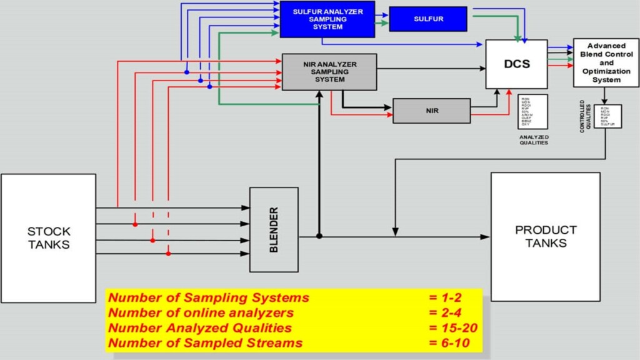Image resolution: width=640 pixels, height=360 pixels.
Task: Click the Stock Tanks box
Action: (48, 238)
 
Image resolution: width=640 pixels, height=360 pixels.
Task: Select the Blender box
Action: (274, 229)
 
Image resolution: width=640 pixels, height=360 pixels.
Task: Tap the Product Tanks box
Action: (545, 236)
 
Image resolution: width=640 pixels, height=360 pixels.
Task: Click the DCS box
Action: (516, 64)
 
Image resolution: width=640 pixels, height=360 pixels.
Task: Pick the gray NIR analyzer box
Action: (431, 111)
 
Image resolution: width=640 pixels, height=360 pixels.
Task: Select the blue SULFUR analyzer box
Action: (428, 19)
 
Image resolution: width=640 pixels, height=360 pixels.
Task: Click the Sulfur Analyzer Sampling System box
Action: (327, 19)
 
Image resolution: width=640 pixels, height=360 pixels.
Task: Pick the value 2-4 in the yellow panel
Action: (445, 312)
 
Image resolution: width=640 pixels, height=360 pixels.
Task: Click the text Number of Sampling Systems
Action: (209, 297)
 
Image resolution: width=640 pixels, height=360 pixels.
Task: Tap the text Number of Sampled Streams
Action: (205, 342)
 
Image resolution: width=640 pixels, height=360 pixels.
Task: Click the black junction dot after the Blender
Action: (319, 236)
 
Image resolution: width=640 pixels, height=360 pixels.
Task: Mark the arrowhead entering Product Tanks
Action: (486, 236)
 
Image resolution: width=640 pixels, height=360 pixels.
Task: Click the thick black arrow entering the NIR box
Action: (386, 107)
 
